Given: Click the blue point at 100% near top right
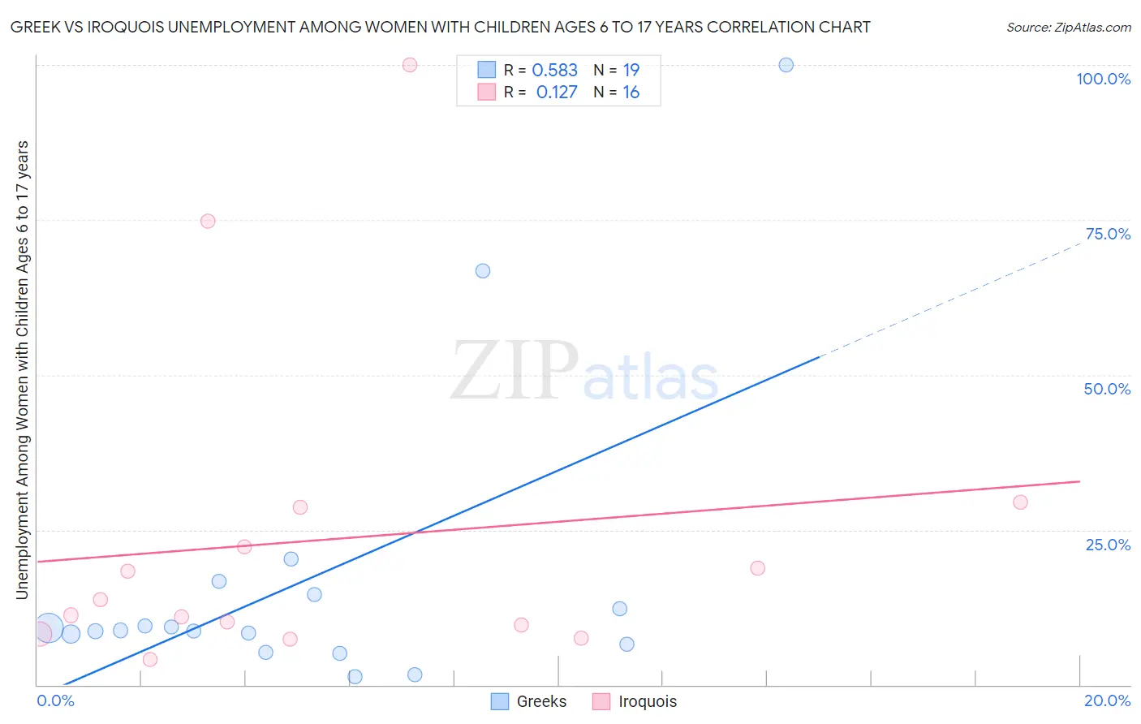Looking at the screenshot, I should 786,65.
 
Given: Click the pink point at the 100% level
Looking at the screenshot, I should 410,65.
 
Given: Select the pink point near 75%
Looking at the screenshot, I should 208,222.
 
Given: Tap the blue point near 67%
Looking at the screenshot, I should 483,271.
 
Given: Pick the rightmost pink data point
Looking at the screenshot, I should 1020,502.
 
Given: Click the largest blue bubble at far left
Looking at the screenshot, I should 49,627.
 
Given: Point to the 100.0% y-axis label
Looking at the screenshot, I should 1103,79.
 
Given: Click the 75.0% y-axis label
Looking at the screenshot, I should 1108,234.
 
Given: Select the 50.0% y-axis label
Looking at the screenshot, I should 1107,389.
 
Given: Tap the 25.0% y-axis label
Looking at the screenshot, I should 1108,545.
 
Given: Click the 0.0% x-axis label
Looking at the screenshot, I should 55,700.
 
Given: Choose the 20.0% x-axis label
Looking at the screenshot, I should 1107,700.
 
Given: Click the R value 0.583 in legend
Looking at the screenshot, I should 554,71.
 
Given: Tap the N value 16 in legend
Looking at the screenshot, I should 631,93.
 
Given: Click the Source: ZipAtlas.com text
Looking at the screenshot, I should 1068,28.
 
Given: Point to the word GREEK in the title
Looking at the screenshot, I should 36,28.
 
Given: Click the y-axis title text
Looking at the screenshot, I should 23,370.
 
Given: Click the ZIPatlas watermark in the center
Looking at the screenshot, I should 584,371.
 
